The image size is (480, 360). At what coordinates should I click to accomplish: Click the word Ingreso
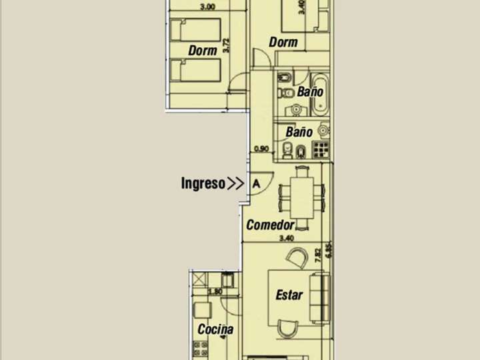(203, 184)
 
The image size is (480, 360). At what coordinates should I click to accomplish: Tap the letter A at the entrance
(256, 184)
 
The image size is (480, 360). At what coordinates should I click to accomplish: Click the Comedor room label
(270, 225)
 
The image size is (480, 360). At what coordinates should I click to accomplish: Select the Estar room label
(289, 295)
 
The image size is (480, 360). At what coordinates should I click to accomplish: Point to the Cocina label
(215, 329)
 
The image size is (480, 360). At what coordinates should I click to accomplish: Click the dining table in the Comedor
(303, 196)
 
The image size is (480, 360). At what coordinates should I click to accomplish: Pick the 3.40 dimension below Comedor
(286, 239)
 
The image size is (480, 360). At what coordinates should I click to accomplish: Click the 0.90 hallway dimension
(261, 149)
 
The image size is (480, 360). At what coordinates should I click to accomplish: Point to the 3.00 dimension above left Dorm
(207, 7)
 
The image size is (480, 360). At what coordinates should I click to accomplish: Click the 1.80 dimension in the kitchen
(215, 291)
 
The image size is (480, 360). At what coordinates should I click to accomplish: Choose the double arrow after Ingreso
(235, 184)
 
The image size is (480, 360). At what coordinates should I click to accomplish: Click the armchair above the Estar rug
(296, 257)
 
